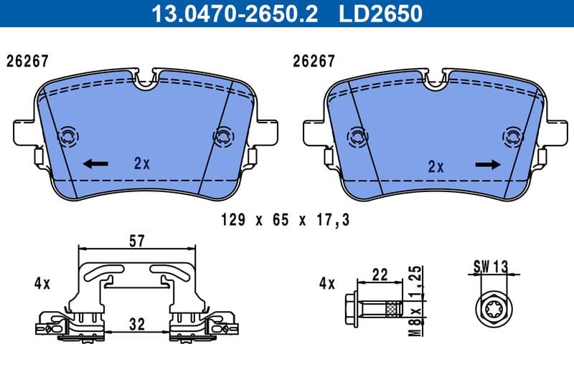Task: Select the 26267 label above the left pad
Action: [27, 62]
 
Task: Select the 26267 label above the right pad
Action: [314, 62]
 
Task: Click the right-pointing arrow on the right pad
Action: [488, 164]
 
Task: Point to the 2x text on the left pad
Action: [142, 163]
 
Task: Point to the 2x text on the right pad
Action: [436, 167]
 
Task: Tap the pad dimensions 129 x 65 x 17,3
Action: [286, 220]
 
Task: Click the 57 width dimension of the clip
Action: [136, 242]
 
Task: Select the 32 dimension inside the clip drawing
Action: [136, 324]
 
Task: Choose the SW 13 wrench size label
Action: [490, 267]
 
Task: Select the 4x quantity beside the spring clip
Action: [42, 284]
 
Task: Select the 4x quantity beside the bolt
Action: [326, 284]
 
